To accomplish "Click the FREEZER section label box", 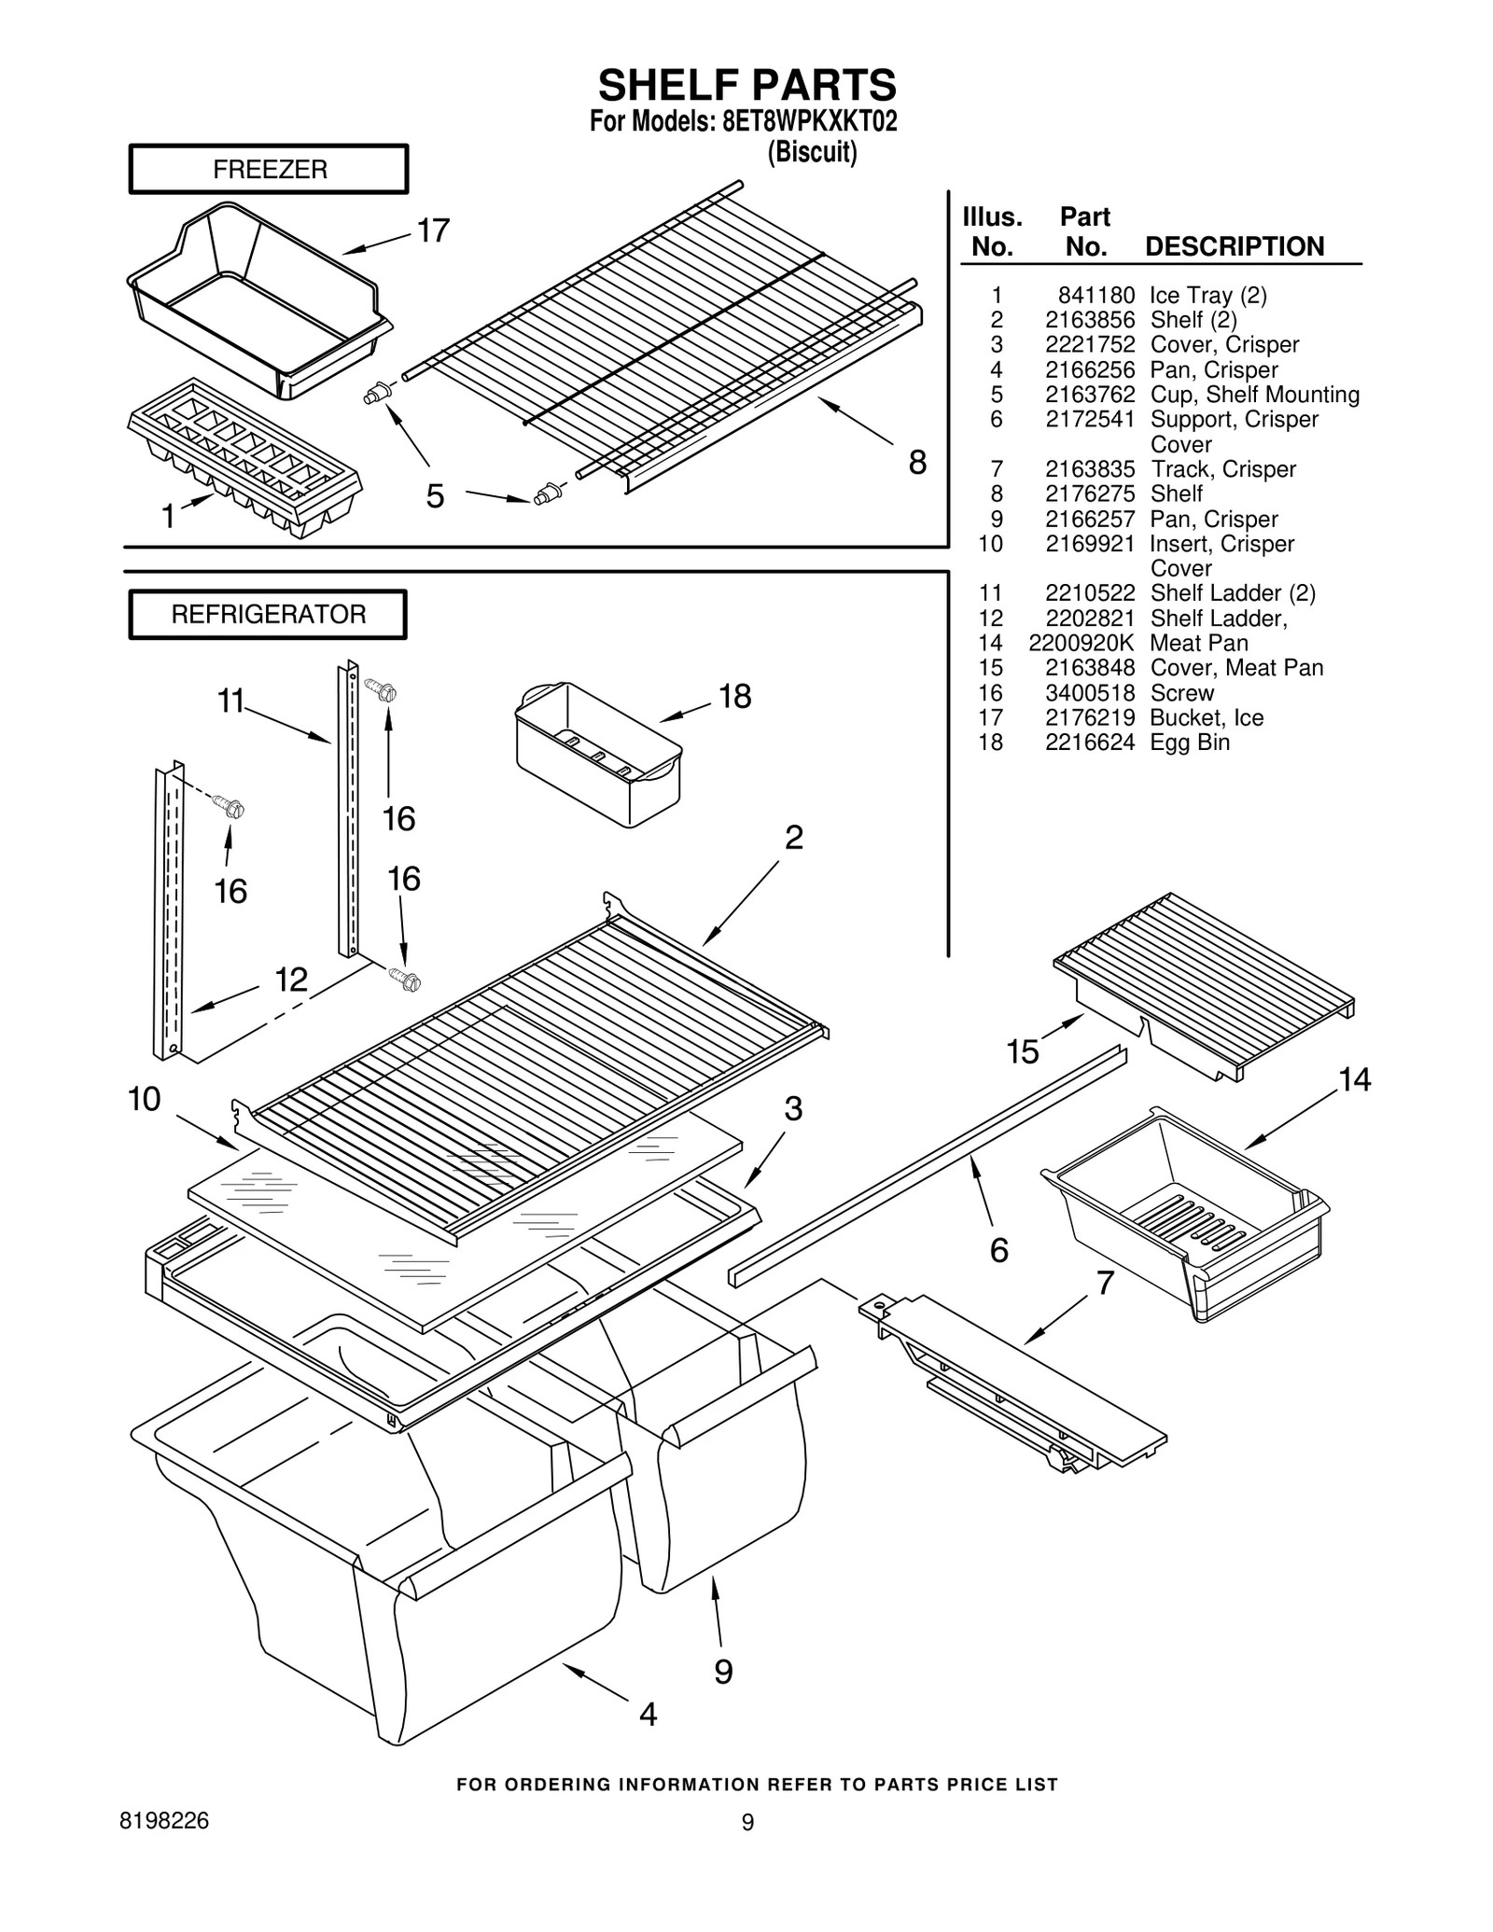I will pyautogui.click(x=269, y=169).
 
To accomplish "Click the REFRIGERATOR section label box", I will pyautogui.click(x=268, y=615).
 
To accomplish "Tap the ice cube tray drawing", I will pyautogui.click(x=244, y=457).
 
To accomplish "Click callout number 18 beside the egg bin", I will pyautogui.click(x=734, y=696).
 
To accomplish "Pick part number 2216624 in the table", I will pyautogui.click(x=1089, y=743).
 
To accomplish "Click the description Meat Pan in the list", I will pyautogui.click(x=1198, y=643).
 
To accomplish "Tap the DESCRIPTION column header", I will pyautogui.click(x=1234, y=247).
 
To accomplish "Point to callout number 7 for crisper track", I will pyautogui.click(x=1105, y=1283).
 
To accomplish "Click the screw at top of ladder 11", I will pyautogui.click(x=383, y=691).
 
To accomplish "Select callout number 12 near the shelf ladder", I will pyautogui.click(x=291, y=980).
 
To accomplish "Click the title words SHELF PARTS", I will pyautogui.click(x=746, y=86).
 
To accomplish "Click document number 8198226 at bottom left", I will pyautogui.click(x=164, y=1821).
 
